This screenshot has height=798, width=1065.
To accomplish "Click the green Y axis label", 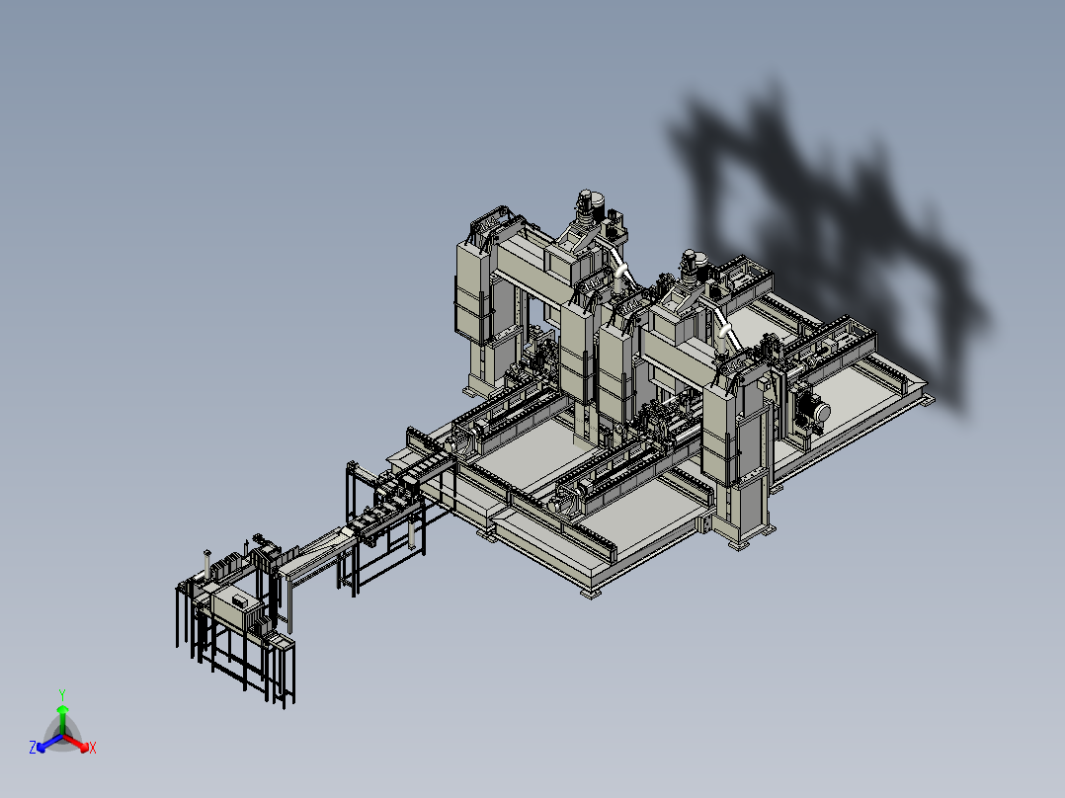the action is (62, 694).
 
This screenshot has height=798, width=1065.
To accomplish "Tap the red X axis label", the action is (93, 748).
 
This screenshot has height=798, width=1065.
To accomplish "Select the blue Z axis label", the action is (33, 748).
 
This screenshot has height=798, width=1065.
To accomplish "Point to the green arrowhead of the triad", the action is (62, 709).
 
